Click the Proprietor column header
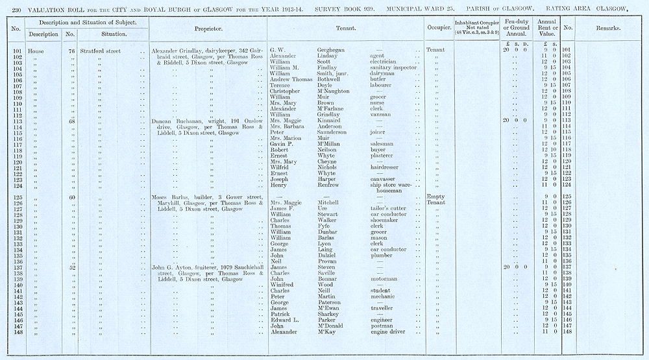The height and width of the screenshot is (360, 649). click(x=209, y=29)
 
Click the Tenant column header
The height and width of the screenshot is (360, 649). click(x=345, y=29)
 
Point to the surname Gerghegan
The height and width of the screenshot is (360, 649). click(x=330, y=50)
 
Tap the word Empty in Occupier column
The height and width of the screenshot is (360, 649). click(x=434, y=197)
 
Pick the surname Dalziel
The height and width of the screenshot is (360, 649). click(x=328, y=255)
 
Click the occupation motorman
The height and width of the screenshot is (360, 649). click(x=385, y=278)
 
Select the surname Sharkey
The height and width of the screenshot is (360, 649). click(x=328, y=314)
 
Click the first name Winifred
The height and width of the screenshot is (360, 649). click(x=283, y=284)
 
